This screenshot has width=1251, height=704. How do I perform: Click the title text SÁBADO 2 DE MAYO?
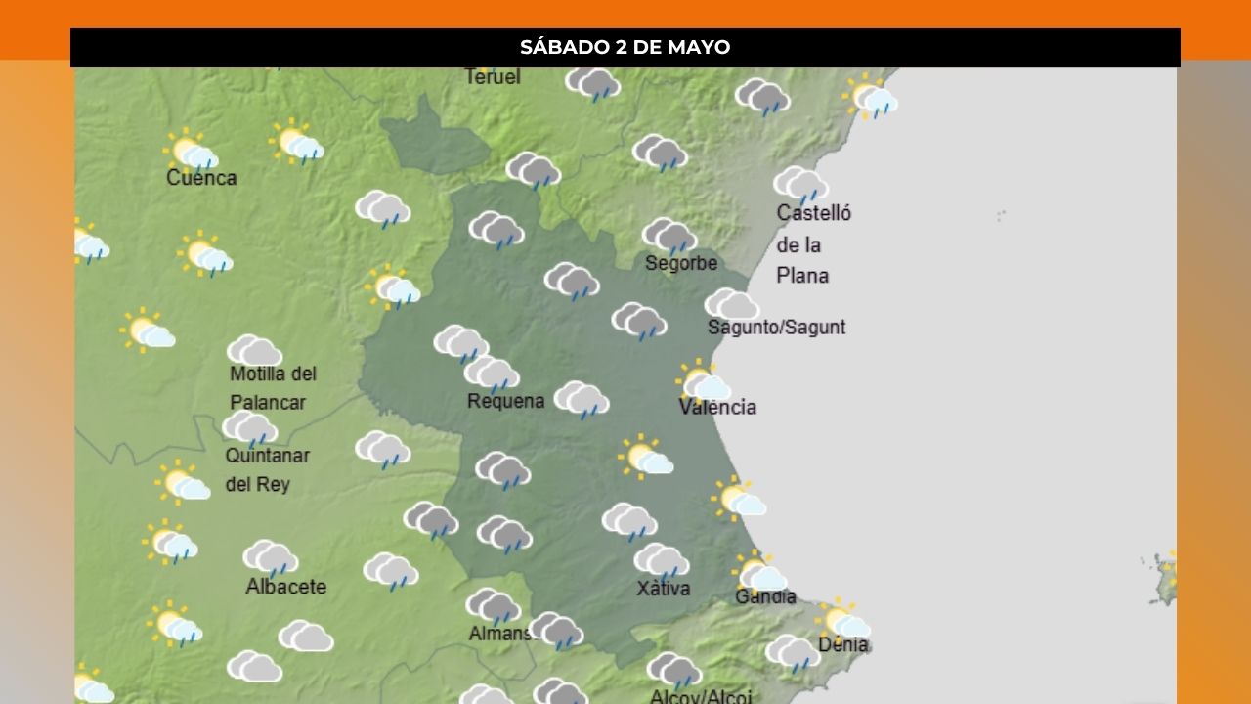tap(625, 47)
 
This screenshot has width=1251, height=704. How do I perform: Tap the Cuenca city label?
tap(201, 178)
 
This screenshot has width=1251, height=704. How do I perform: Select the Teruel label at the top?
tap(493, 76)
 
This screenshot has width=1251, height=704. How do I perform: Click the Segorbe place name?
tap(681, 263)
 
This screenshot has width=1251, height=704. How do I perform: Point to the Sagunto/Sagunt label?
tap(776, 328)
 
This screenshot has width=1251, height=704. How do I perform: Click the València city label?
tap(717, 407)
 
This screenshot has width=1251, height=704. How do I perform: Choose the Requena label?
tap(505, 401)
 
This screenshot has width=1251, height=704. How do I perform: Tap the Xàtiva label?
tap(664, 589)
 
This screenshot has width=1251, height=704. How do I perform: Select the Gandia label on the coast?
tap(765, 596)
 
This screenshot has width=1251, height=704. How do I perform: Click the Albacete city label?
tap(285, 587)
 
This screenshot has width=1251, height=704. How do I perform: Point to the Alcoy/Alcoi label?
tap(701, 696)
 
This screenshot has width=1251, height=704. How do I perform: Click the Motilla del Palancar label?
tap(273, 388)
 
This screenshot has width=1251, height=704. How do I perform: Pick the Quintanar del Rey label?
tap(267, 469)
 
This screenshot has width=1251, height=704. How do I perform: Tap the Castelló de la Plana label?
tap(813, 244)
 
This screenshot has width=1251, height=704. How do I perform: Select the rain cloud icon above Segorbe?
tap(669, 236)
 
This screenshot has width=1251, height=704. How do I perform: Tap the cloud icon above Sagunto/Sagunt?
tap(731, 304)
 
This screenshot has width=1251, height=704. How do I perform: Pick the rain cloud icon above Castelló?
tap(800, 184)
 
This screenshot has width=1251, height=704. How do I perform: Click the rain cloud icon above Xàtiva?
tap(661, 560)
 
